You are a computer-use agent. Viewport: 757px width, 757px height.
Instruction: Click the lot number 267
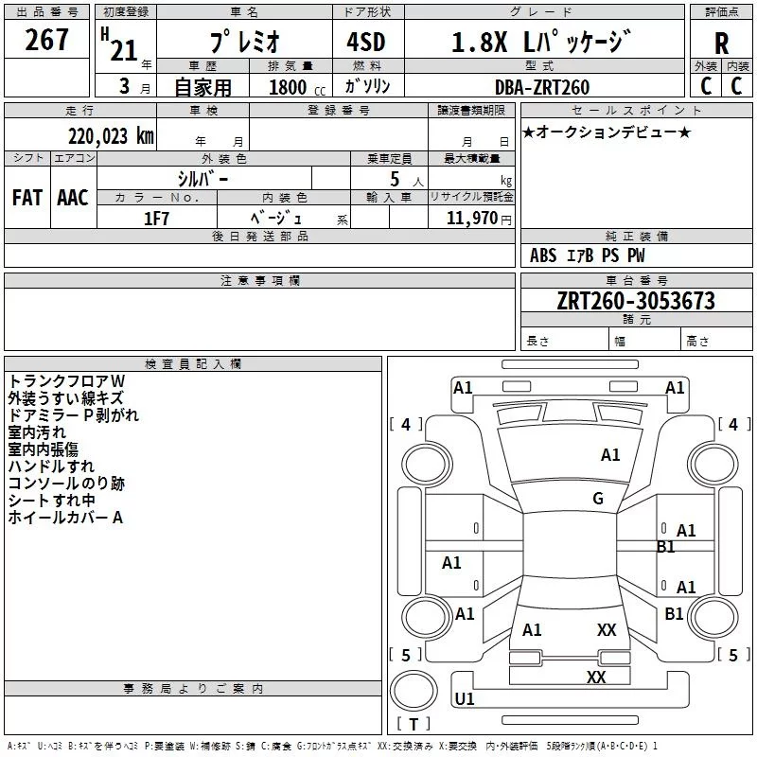point(47,40)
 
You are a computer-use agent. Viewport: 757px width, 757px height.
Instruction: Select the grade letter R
point(721,44)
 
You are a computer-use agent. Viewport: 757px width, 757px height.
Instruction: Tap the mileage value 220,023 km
point(110,135)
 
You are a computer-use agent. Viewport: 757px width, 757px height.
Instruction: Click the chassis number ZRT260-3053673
point(636,302)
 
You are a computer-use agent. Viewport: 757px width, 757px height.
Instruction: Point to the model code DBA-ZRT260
point(541,87)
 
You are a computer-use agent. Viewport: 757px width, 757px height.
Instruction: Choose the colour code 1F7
point(156,218)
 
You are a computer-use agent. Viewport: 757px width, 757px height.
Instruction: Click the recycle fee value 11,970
point(473,218)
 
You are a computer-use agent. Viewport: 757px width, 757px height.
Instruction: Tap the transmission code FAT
point(26,197)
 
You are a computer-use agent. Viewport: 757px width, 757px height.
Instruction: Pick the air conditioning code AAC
point(73,197)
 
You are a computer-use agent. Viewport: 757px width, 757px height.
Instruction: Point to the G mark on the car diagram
point(597,499)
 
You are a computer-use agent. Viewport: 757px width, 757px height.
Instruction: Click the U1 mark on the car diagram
point(465,698)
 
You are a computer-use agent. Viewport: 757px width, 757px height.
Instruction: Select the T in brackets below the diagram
point(414,725)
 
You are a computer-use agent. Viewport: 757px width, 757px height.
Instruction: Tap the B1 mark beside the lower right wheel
point(674,613)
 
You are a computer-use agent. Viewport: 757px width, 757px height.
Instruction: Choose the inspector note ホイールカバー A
point(65,518)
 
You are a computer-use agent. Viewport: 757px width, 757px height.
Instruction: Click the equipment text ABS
point(543,255)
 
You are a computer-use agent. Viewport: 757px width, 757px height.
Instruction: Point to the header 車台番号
point(636,281)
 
